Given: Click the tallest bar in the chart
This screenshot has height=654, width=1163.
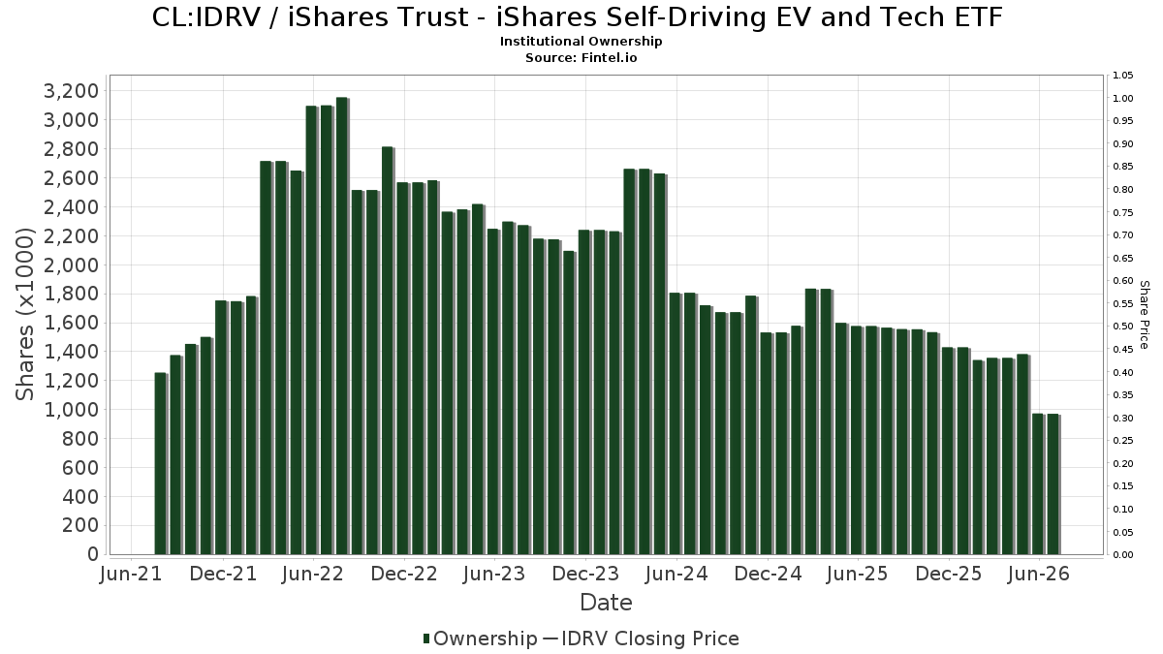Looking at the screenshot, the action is pos(343,326).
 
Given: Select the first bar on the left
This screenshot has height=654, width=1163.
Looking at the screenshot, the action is pos(161,463).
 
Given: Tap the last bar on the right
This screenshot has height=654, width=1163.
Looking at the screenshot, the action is pos(1053,484).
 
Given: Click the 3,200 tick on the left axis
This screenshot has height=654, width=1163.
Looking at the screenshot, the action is pos(71,91).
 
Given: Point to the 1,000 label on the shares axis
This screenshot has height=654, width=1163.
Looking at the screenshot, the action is pos(71,410).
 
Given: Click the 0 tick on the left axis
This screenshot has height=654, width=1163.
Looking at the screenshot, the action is pos(93,554).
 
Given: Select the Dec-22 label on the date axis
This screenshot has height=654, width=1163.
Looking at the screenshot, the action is pos(404,574).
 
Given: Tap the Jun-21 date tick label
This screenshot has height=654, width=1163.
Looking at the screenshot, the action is pos(131,574).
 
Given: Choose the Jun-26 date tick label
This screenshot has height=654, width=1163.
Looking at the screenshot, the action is pos(1038,574).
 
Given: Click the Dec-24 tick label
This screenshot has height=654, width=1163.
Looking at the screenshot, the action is pos(768,574).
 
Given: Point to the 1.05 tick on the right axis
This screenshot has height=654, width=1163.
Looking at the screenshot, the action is pos(1123,76).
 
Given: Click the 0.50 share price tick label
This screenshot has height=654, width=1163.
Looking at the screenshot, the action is pos(1123,327).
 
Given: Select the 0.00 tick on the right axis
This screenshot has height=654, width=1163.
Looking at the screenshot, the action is pos(1123,555).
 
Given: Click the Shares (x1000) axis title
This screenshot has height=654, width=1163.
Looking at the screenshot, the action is pos(24,315).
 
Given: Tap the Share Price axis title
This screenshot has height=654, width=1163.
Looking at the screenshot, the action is pos(1145,315).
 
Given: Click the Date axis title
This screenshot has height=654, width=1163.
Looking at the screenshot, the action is pos(606,603).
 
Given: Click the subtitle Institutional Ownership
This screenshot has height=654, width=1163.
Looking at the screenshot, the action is pos(581,42).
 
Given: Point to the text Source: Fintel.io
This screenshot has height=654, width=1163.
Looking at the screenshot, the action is pos(581,57).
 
